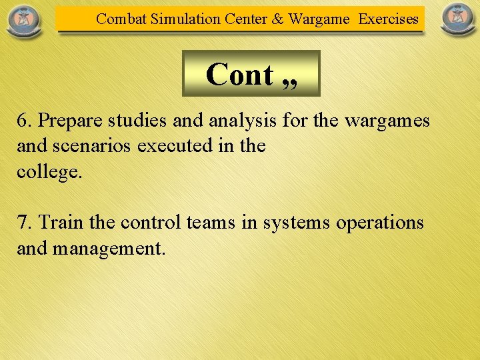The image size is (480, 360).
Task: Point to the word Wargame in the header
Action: [319, 19]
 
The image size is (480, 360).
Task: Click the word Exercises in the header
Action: [389, 19]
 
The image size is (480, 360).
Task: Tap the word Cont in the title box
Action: [239, 74]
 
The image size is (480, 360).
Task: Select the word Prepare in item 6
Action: [69, 121]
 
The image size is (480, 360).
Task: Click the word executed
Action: [177, 146]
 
